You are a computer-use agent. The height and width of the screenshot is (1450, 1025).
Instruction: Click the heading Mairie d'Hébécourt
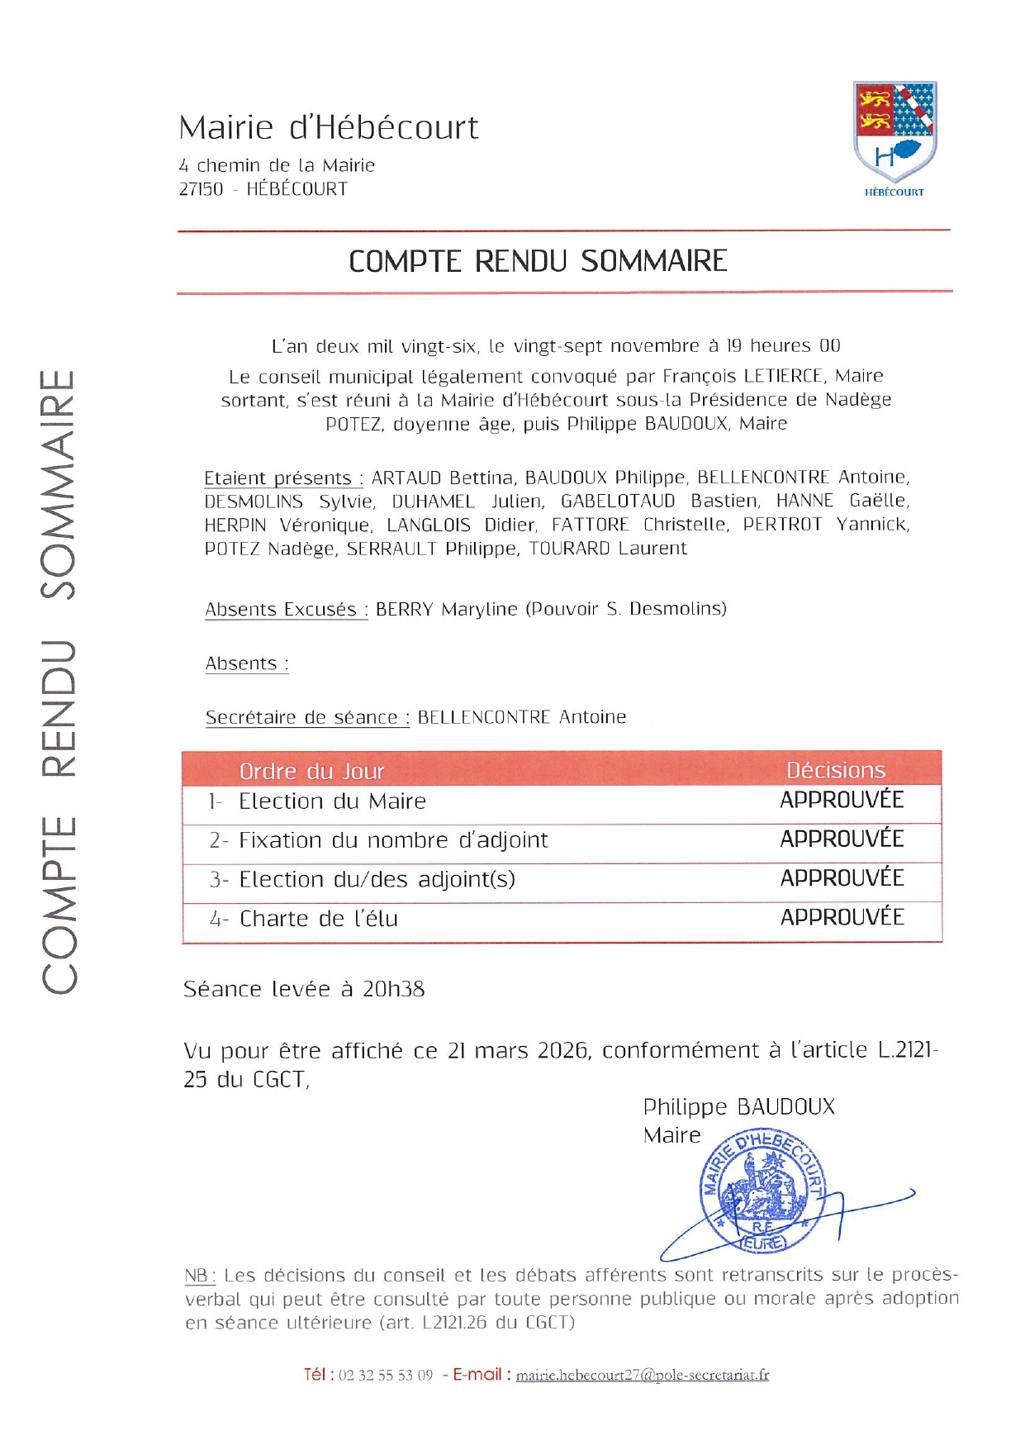click(x=328, y=128)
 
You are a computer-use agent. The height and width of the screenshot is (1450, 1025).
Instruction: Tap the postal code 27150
click(x=201, y=189)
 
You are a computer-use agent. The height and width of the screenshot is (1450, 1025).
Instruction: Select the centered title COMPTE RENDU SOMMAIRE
click(x=538, y=261)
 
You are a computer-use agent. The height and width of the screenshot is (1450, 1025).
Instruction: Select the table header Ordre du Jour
click(x=311, y=771)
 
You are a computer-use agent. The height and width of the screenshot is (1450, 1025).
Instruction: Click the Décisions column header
click(x=835, y=770)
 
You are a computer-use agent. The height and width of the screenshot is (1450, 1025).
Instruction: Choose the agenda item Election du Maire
click(x=332, y=801)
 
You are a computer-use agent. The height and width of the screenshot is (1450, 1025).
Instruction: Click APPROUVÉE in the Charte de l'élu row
click(x=842, y=917)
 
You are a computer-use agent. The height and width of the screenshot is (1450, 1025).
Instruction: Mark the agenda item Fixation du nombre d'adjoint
click(x=393, y=840)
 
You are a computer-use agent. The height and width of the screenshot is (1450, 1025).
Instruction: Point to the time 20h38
click(x=393, y=989)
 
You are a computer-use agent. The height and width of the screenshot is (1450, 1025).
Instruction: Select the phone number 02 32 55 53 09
click(x=386, y=1375)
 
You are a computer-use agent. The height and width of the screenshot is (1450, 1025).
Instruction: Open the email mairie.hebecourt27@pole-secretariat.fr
click(x=642, y=1375)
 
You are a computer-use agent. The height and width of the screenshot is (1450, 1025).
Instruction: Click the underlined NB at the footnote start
click(x=198, y=1275)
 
